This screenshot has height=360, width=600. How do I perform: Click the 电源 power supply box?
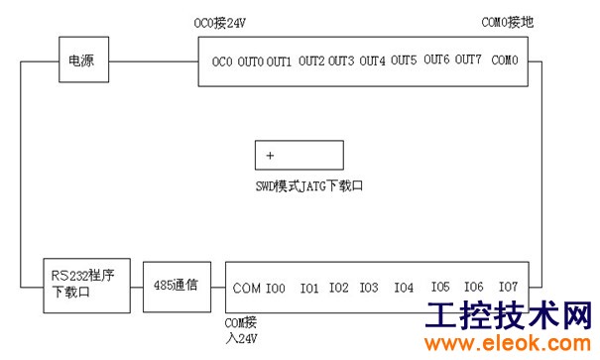pyautogui.click(x=83, y=60)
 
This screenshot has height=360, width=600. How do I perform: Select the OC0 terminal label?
pyautogui.click(x=222, y=61)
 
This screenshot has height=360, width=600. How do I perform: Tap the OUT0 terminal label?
pyautogui.click(x=250, y=61)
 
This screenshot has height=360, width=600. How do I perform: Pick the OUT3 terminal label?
pyautogui.click(x=341, y=60)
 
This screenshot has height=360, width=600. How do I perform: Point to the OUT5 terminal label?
pyautogui.click(x=404, y=60)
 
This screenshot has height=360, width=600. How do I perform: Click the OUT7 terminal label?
pyautogui.click(x=468, y=60)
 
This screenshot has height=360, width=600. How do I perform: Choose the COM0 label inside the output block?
pyautogui.click(x=505, y=60)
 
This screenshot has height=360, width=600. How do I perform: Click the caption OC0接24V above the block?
pyautogui.click(x=219, y=24)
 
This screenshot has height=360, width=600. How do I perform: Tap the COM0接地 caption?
pyautogui.click(x=508, y=22)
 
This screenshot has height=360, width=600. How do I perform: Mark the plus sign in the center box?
pyautogui.click(x=270, y=156)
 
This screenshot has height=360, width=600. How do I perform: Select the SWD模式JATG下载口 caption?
pyautogui.click(x=309, y=186)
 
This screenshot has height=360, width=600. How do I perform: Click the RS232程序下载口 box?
pyautogui.click(x=87, y=286)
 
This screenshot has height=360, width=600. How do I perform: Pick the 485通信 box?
pyautogui.click(x=177, y=287)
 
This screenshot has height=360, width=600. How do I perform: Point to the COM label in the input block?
pyautogui.click(x=246, y=288)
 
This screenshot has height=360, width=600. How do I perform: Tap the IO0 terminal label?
pyautogui.click(x=276, y=288)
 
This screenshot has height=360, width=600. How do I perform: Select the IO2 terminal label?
pyautogui.click(x=339, y=288)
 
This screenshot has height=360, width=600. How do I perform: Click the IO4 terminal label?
pyautogui.click(x=404, y=288)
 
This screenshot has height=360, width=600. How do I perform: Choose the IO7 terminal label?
pyautogui.click(x=508, y=287)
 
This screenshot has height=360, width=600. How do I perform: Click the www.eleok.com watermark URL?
pyautogui.click(x=508, y=343)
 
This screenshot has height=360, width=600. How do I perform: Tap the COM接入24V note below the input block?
pyautogui.click(x=241, y=330)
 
